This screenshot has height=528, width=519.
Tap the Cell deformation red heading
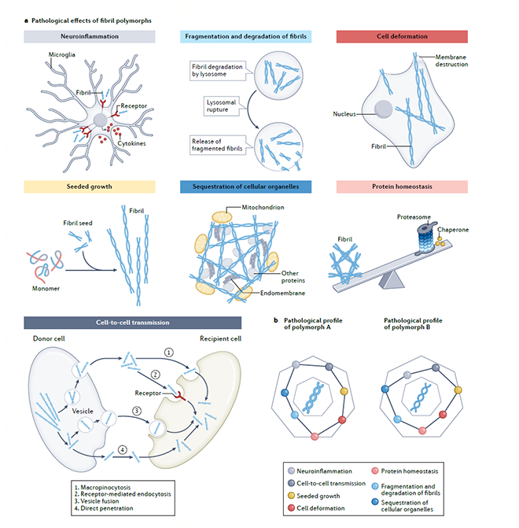402,36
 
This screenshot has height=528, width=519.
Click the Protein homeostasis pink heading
402,186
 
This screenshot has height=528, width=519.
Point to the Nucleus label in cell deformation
343,113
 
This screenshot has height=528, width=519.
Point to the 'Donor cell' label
50,342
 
